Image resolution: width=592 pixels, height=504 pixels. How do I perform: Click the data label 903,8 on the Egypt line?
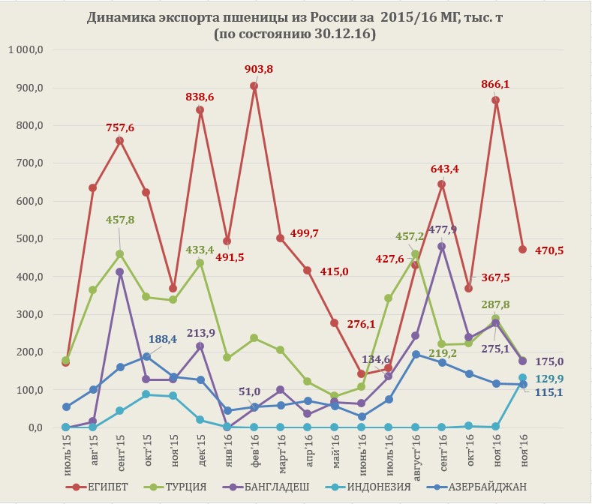pyautogui.click(x=259, y=70)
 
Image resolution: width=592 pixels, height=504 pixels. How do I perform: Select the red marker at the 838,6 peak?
pyautogui.click(x=200, y=110)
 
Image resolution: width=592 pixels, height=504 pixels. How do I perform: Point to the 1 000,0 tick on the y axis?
pyautogui.click(x=27, y=50)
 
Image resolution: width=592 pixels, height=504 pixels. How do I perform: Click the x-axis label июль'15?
pyautogui.click(x=66, y=452)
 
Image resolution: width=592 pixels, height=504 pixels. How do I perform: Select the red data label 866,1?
pyautogui.click(x=495, y=85)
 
